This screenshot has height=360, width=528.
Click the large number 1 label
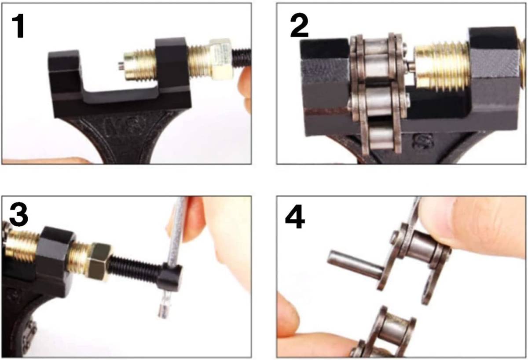point(18,26)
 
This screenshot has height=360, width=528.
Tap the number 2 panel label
point(299,26)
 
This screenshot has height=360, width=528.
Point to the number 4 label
point(295,217)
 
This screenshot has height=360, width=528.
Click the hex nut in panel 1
point(220,59)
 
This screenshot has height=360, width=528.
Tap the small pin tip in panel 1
point(121,66)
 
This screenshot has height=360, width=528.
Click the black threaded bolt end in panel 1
point(242,57)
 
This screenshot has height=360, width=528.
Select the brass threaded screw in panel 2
point(442,67)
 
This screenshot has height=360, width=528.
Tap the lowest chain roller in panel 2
point(379,136)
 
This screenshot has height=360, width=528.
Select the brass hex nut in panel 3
point(100,261)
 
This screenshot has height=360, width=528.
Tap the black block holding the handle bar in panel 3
point(170,278)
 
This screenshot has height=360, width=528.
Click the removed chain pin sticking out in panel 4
point(355,266)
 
